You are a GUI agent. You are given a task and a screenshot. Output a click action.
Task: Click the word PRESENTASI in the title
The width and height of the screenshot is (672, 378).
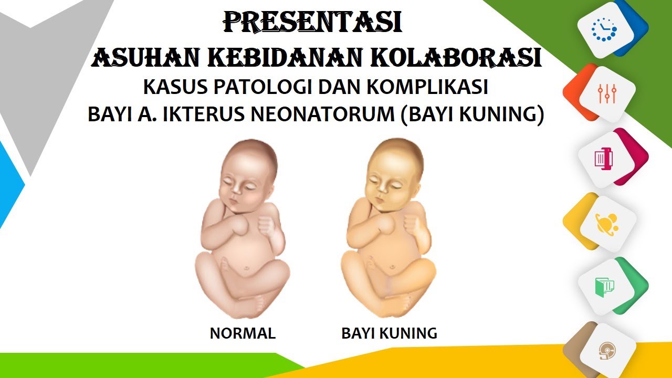[313, 23]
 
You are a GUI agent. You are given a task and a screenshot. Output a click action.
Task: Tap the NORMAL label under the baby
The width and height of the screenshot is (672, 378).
[243, 333]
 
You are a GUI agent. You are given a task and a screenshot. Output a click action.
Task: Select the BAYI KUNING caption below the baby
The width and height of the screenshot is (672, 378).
[389, 333]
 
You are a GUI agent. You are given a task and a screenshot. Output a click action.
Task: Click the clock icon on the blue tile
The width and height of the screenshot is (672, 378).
[604, 29]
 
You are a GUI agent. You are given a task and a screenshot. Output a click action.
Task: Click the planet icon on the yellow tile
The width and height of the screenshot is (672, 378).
[607, 223]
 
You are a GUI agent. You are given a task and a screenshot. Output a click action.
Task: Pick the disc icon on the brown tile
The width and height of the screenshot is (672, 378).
[607, 351]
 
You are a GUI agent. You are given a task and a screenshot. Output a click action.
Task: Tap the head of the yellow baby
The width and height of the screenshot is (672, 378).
[395, 168]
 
